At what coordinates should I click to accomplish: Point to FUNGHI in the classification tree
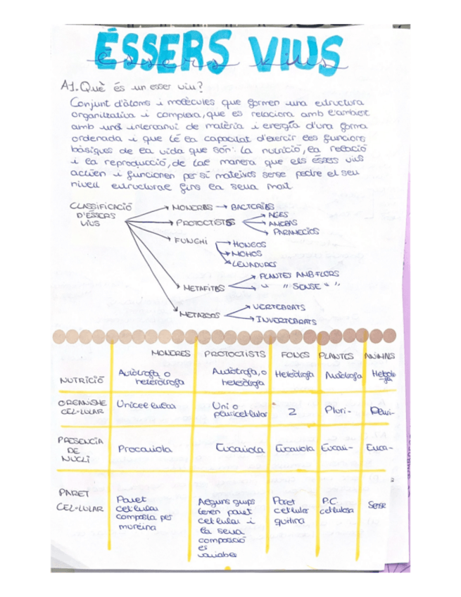click(190, 241)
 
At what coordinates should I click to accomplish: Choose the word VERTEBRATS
click(279, 307)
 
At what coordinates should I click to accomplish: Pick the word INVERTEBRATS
click(285, 320)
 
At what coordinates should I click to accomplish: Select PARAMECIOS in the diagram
click(296, 231)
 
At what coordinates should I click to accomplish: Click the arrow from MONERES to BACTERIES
click(220, 207)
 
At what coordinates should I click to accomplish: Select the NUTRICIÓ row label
click(82, 381)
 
